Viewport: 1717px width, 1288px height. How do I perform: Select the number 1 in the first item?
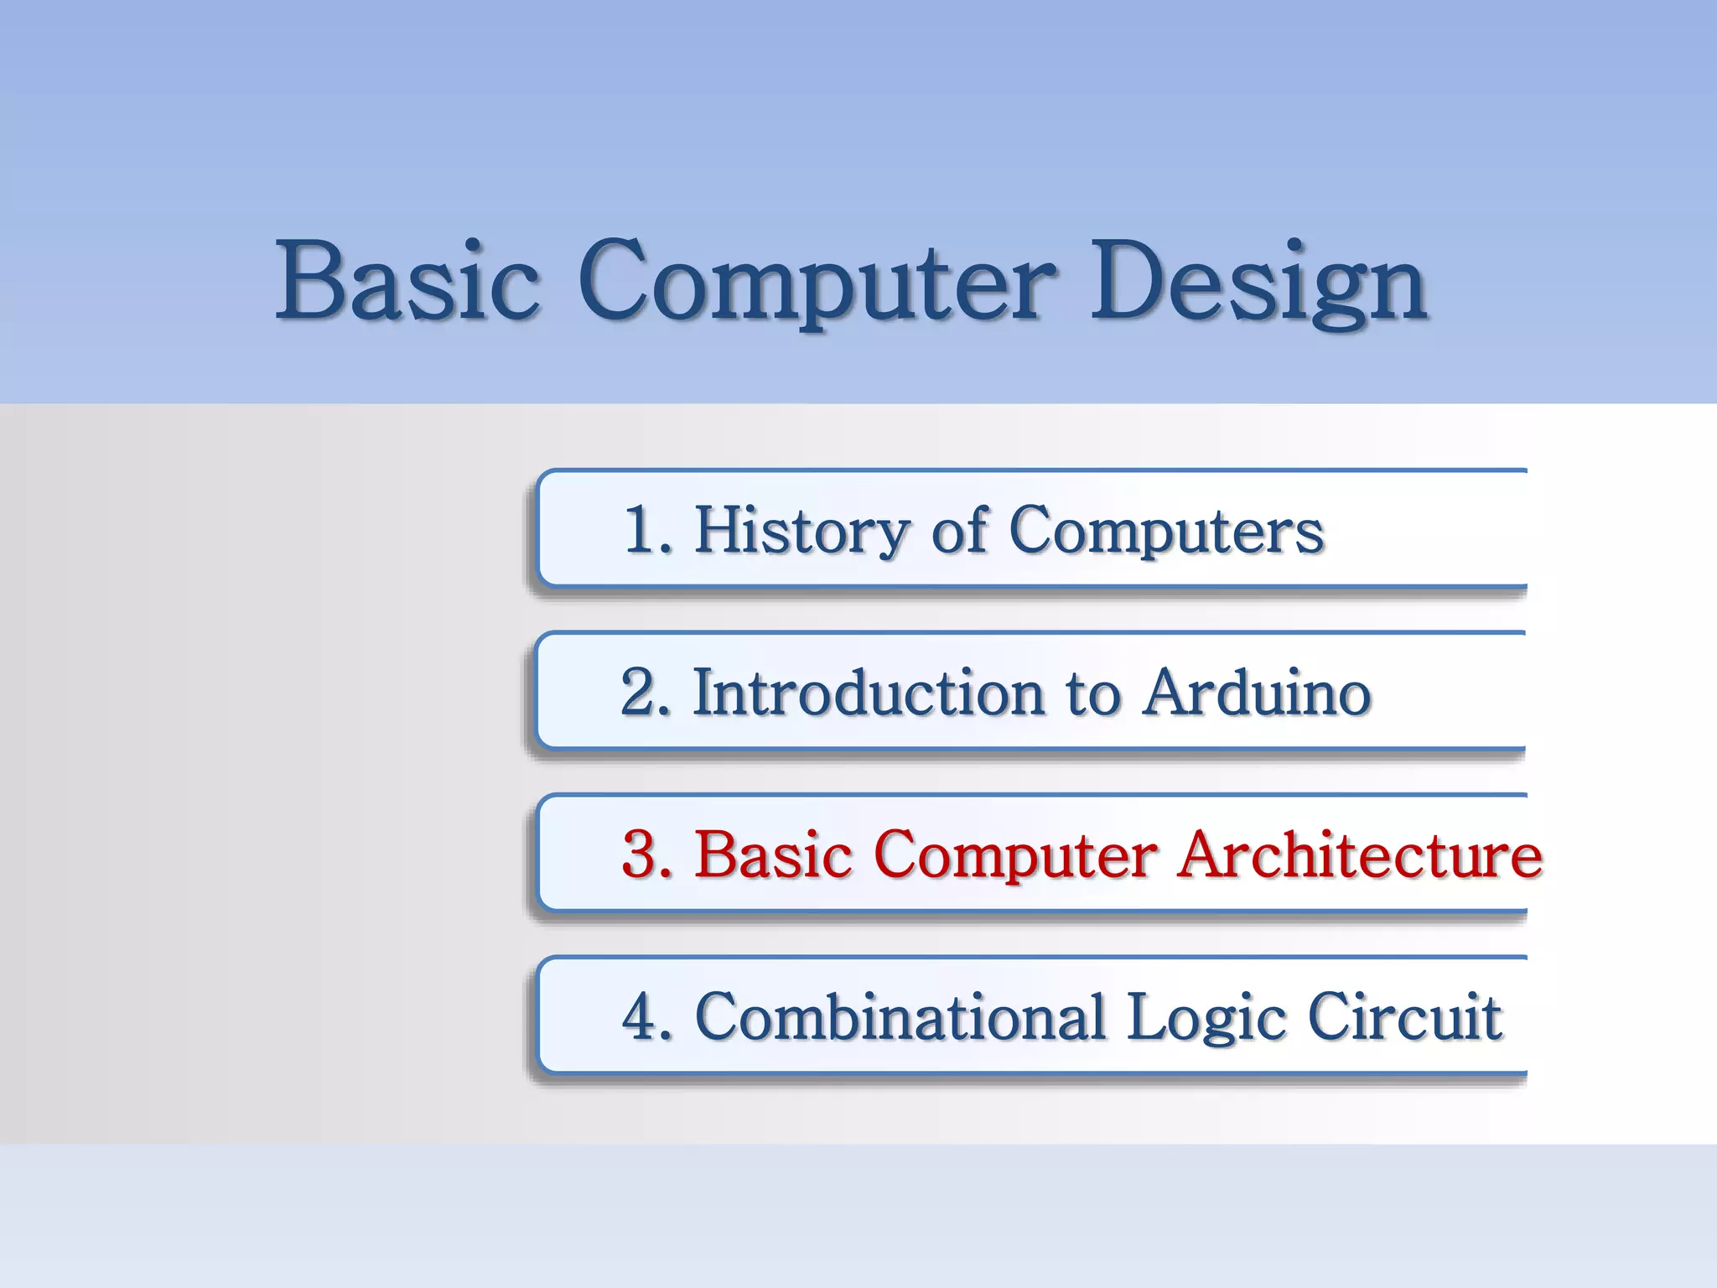641,530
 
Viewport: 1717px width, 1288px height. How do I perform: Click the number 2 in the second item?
640,693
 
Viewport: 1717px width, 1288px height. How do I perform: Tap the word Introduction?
869,693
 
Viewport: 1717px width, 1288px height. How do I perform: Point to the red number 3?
641,854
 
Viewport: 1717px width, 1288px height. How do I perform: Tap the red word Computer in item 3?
1014,856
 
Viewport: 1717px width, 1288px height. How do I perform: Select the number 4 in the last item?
641,1017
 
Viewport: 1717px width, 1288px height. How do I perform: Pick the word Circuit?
1404,1017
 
